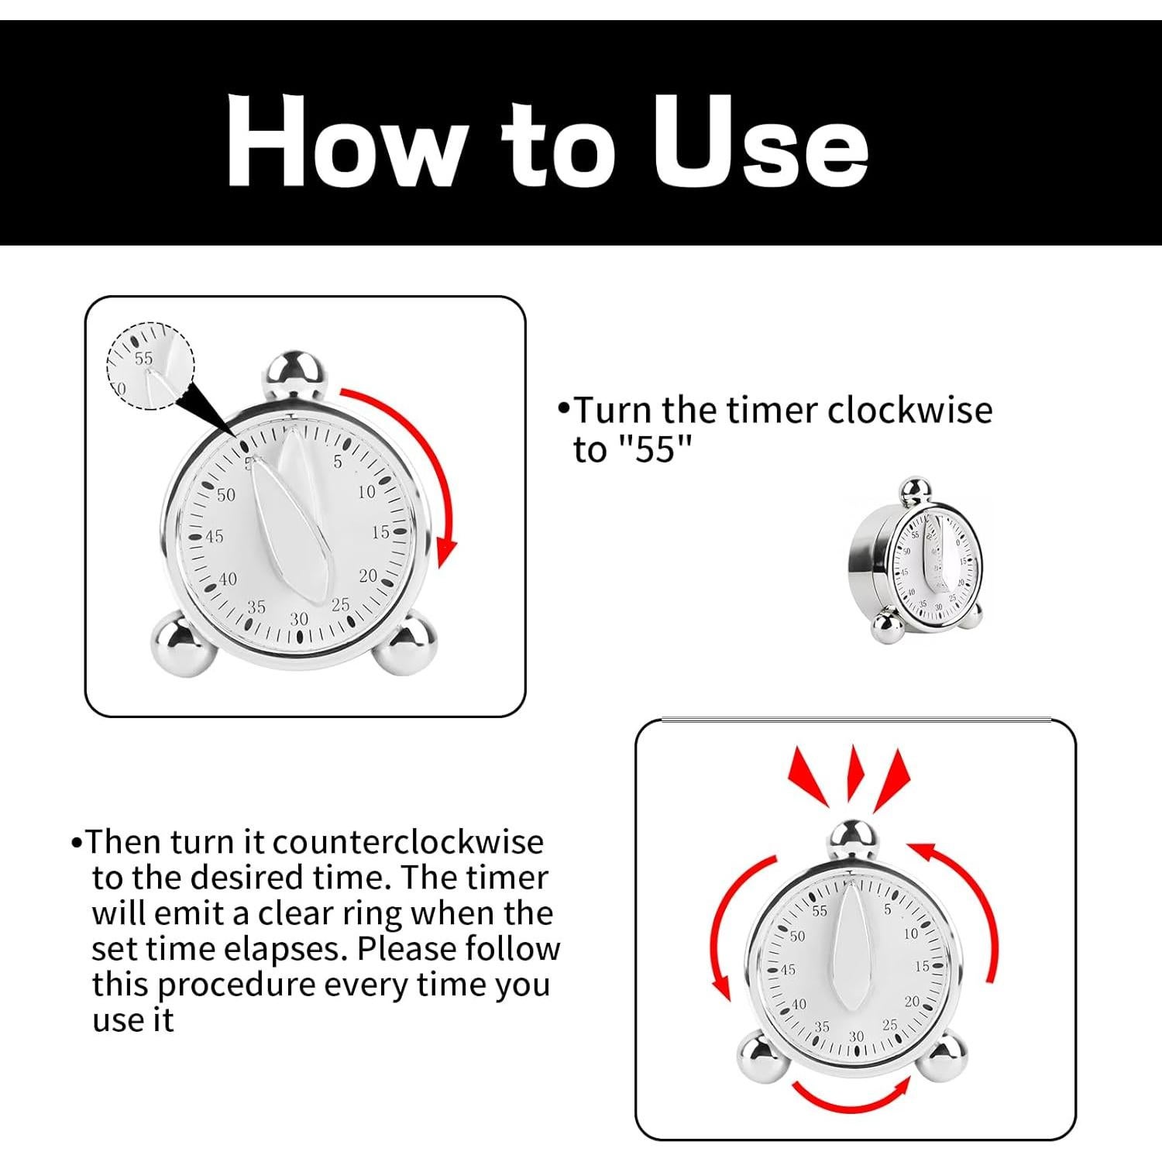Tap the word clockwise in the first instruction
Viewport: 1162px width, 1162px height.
(909, 410)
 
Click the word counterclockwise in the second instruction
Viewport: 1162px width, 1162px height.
(408, 842)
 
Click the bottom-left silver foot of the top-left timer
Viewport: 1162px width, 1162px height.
(184, 642)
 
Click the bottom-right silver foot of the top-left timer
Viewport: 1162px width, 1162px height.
(405, 642)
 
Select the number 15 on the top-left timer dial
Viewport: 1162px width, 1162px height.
(380, 532)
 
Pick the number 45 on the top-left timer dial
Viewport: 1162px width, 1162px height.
(214, 536)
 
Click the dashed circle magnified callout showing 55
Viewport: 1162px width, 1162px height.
(150, 366)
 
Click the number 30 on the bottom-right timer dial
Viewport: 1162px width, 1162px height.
(856, 1037)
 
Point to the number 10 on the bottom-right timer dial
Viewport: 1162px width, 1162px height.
(910, 933)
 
